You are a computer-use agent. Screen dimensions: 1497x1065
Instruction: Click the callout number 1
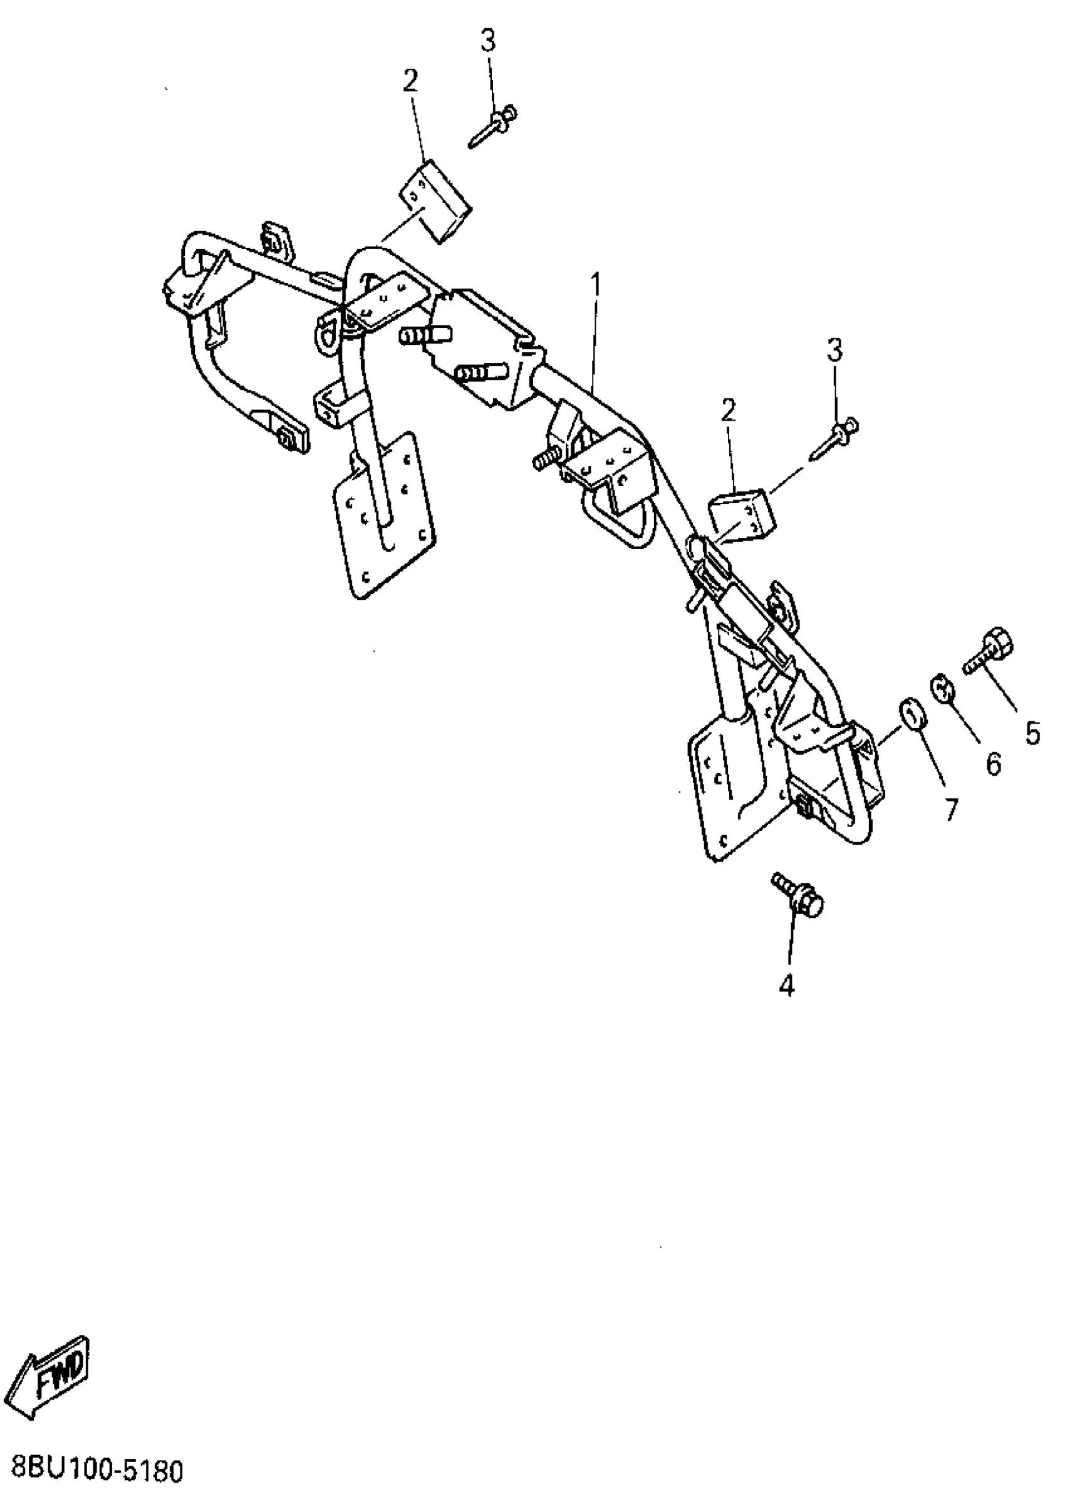point(595,286)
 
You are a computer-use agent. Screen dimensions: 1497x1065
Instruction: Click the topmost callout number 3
point(488,41)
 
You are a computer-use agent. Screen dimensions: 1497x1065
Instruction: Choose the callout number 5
point(1032,733)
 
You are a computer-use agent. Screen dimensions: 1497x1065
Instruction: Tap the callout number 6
point(994,764)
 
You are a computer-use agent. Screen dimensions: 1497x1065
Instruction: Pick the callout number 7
point(952,810)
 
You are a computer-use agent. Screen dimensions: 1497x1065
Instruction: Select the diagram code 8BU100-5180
point(96,1471)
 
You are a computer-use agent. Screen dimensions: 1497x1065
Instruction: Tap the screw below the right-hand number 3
point(835,439)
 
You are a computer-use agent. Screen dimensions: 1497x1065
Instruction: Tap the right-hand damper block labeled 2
point(741,516)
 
